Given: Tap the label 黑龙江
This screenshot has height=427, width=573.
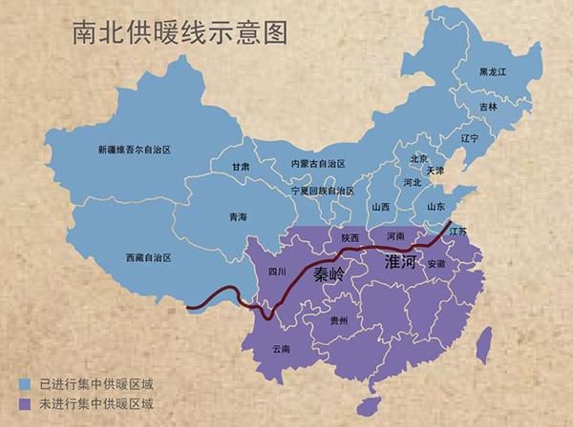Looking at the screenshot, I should pos(496,72).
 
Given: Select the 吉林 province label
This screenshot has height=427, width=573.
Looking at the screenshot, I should pos(488,107).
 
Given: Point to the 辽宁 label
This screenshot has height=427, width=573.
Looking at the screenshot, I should pos(469,138).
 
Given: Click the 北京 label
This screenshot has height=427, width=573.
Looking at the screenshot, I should pos(418,158).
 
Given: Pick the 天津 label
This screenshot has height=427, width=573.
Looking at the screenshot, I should pos(435,171).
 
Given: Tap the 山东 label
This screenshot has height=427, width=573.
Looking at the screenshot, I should pos(435,206).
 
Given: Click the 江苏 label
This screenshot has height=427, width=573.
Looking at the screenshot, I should pos(458,232).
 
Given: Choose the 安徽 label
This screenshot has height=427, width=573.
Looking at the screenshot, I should pos(435,263).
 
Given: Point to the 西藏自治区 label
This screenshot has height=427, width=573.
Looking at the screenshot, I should pos(150,257).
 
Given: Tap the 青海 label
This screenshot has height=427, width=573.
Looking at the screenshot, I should pos(238,217).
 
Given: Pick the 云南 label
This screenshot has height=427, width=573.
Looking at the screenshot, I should pos(281,349).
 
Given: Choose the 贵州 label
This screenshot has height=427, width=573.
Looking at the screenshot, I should pos(338,322).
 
